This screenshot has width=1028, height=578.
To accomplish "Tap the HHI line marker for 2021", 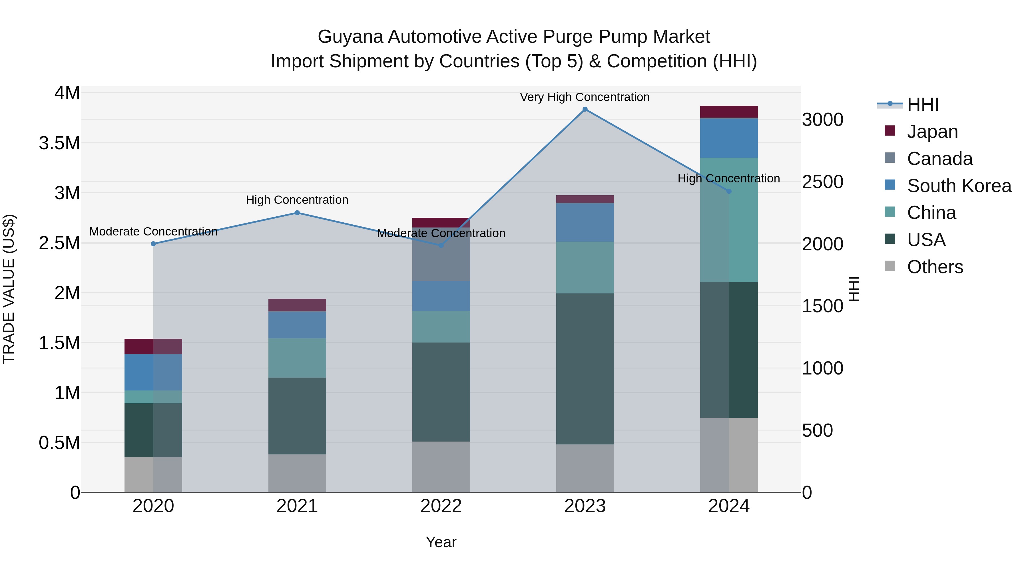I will pyautogui.click(x=297, y=213).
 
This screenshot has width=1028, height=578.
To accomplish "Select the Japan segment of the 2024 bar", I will pyautogui.click(x=729, y=112).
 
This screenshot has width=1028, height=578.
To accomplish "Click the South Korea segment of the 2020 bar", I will pyautogui.click(x=153, y=372).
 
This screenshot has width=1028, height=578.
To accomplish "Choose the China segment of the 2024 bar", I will pyautogui.click(x=729, y=220).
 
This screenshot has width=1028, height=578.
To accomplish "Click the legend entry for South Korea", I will pyautogui.click(x=959, y=186).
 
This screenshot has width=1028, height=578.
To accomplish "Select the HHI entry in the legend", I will pyautogui.click(x=923, y=104).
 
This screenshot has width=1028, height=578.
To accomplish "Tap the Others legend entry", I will pyautogui.click(x=935, y=267).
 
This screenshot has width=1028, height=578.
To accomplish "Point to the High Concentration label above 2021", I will pyautogui.click(x=297, y=200).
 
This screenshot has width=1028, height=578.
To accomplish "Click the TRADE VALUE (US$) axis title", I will pyautogui.click(x=9, y=289).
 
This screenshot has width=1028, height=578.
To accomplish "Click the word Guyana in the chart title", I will pyautogui.click(x=350, y=37).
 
